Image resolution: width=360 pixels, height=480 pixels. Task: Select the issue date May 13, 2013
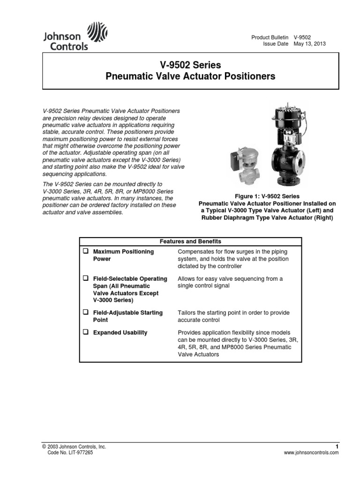(309, 44)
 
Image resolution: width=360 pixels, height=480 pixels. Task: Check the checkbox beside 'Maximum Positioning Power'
(86, 252)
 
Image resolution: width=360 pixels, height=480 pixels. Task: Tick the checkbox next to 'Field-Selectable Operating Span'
(86, 279)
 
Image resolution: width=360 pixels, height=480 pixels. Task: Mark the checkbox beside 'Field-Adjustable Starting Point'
(86, 313)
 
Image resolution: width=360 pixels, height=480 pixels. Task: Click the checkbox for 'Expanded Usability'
(86, 332)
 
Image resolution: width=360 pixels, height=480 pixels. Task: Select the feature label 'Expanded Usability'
(120, 333)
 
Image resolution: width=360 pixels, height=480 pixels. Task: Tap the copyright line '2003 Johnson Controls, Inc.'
(75, 447)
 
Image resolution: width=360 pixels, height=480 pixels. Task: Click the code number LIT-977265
(73, 453)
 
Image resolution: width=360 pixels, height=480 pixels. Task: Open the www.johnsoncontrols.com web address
(311, 454)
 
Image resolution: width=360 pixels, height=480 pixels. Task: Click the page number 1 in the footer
(337, 447)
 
